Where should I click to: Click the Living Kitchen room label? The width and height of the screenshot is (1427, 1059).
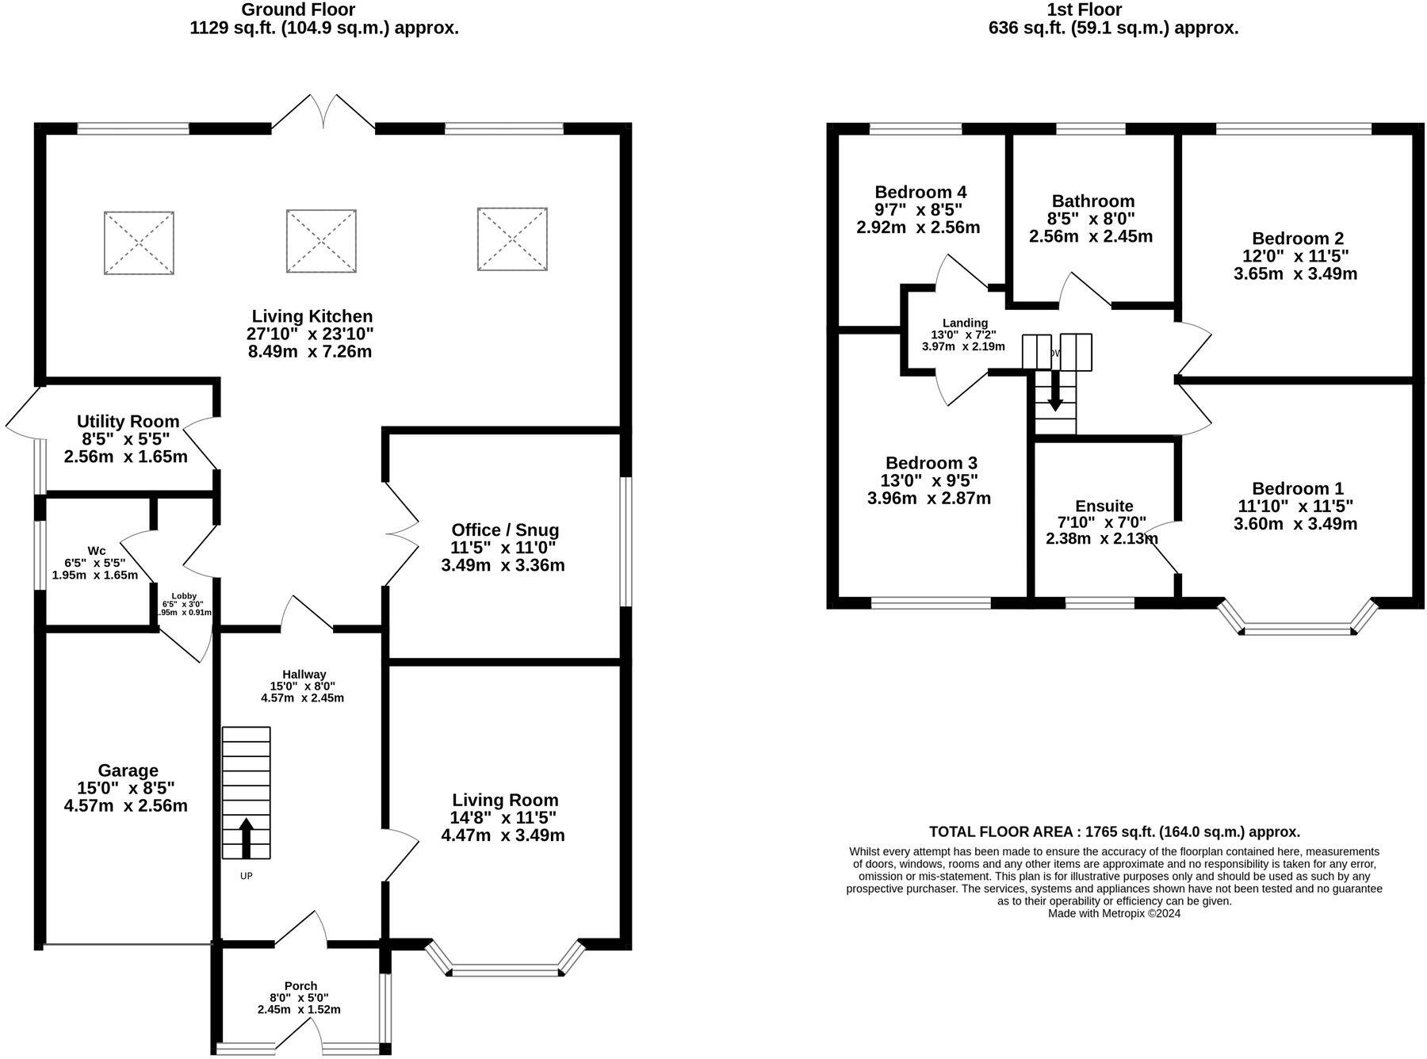coord(312,316)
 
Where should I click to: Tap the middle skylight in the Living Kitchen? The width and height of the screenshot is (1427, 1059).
coord(321,241)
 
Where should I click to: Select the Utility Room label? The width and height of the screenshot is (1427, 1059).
coord(128,421)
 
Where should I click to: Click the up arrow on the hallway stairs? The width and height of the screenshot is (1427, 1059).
coord(246,837)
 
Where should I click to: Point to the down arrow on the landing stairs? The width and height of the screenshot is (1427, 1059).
coord(1055,392)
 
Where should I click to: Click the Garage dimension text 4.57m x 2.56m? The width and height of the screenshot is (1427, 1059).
coord(125,805)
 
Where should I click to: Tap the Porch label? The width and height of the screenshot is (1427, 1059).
coord(300,986)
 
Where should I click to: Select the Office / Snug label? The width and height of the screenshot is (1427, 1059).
coord(505,529)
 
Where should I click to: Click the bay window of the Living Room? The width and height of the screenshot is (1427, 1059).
coord(505,969)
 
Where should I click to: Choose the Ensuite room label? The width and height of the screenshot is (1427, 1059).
coord(1104,506)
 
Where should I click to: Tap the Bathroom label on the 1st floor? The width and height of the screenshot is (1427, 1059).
coord(1092,201)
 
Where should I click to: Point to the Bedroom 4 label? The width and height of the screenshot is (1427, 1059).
coord(920,192)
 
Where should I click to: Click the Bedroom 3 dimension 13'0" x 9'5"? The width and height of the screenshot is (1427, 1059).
coord(929,480)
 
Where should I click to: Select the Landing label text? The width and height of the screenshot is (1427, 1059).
coord(965,323)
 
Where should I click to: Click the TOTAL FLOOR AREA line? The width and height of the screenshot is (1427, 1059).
coord(1114,832)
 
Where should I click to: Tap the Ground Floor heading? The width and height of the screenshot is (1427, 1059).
coord(297,10)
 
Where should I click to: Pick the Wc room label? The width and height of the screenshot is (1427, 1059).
coord(96,550)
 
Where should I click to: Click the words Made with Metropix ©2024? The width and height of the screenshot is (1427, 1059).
coord(1114,913)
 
